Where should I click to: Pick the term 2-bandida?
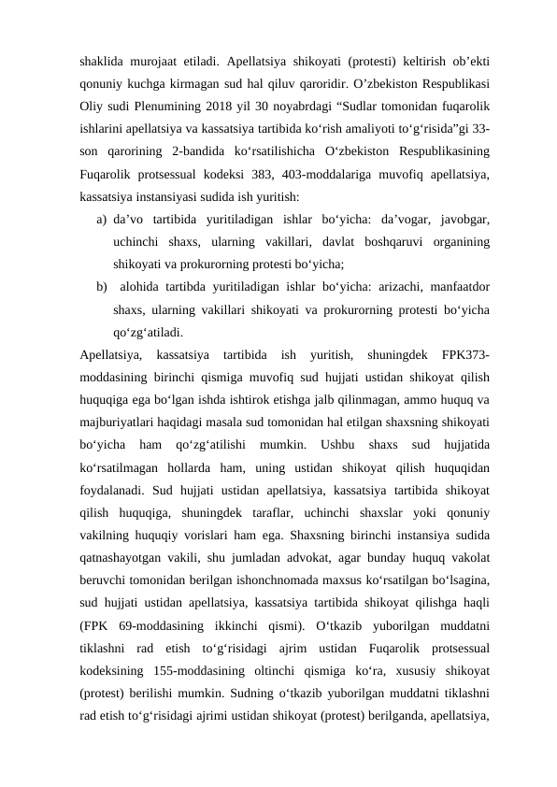(x=200, y=152)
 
